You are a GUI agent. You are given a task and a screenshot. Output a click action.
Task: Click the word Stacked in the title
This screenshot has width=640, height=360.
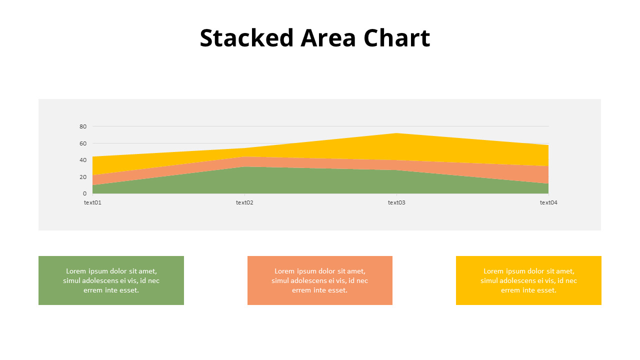[x=246, y=38]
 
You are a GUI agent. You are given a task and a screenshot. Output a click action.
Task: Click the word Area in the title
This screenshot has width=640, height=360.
[x=328, y=38]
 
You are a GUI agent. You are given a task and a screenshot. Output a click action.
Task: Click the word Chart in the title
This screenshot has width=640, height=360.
[x=396, y=38]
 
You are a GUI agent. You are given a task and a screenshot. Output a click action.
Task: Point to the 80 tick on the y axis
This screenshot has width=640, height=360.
[x=83, y=126]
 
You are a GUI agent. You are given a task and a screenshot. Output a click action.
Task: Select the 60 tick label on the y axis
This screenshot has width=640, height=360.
[x=83, y=143]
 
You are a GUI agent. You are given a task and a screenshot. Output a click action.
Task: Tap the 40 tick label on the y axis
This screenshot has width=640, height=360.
[x=83, y=160]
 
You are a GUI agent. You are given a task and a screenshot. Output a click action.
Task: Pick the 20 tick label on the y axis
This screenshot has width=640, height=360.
[x=83, y=177]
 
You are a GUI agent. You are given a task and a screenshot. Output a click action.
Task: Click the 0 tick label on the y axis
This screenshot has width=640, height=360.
[x=84, y=193]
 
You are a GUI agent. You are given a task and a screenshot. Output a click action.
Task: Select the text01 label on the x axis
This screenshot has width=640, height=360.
[x=92, y=202]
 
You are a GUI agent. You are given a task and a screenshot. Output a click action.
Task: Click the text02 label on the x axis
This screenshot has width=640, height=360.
[x=244, y=202]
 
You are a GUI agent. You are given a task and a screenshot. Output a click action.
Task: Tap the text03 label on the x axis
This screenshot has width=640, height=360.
[x=396, y=202]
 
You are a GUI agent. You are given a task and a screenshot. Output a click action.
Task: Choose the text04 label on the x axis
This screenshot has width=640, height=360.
[x=548, y=202]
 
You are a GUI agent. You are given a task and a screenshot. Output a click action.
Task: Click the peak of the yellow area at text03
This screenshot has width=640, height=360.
[x=396, y=134]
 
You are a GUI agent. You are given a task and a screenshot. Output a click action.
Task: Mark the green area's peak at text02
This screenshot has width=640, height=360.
[x=244, y=167]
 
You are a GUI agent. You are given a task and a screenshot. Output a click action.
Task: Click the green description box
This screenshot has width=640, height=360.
[x=111, y=280]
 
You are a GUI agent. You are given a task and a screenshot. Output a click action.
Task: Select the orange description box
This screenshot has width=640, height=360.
[x=320, y=280]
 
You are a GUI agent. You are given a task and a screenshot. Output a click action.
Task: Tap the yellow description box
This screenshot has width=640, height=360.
[x=528, y=280]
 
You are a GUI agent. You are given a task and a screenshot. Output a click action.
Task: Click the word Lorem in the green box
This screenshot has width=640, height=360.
[x=76, y=271]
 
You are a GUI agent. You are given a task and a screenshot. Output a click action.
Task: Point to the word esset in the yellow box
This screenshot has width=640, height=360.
[x=546, y=290]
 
